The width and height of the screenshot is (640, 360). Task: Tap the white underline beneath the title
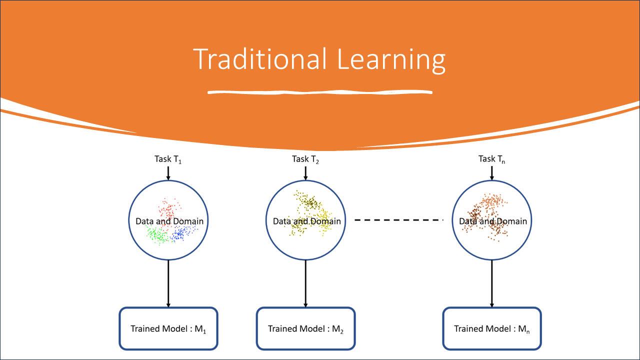320,92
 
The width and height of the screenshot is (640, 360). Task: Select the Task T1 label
168,159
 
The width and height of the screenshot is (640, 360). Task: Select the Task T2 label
305,159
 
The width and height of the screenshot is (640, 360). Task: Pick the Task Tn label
492,159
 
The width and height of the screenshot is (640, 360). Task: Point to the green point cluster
157,235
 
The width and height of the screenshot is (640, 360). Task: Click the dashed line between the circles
399,219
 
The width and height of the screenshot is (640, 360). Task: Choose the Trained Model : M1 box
168,328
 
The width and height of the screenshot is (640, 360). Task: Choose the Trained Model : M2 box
305,328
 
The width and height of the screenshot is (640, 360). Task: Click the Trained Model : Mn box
492,328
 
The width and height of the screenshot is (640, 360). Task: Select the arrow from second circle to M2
305,283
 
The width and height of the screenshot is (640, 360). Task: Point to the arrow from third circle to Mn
492,283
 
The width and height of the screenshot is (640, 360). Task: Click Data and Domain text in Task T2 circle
306,221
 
